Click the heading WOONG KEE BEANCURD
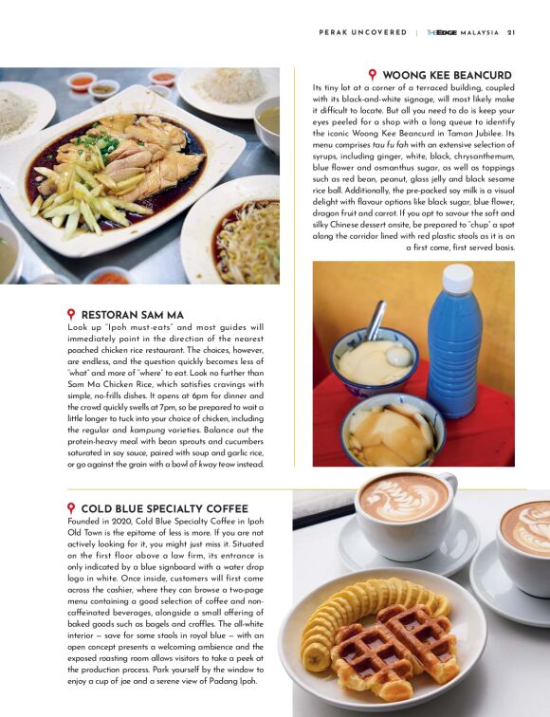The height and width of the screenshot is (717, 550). (447, 75)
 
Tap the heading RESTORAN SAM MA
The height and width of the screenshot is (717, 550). (132, 314)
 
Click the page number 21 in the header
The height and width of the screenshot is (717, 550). (511, 32)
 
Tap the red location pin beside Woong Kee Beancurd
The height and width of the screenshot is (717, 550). (373, 74)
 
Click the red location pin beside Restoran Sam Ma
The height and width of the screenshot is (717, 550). (71, 313)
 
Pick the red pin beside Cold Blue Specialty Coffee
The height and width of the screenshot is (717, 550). (71, 508)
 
